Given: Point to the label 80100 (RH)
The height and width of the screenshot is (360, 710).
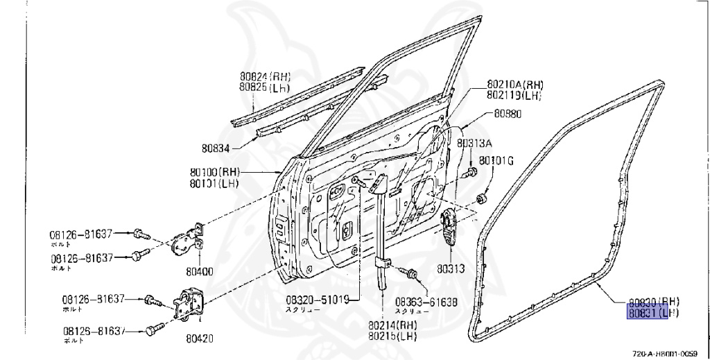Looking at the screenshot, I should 214,172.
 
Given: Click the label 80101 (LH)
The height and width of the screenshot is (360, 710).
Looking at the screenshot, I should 214,183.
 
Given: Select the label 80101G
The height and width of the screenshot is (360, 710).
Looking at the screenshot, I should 496,161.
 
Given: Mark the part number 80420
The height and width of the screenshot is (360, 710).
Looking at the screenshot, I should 199,338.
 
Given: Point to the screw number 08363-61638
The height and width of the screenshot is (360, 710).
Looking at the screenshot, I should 426,302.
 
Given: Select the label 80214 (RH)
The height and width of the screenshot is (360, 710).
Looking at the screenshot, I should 393,324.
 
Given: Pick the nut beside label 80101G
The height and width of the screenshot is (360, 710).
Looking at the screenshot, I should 480,199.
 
